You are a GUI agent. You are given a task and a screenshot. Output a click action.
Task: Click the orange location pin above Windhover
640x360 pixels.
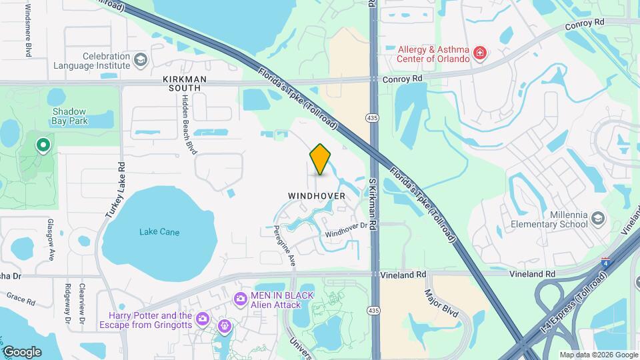click(321, 159)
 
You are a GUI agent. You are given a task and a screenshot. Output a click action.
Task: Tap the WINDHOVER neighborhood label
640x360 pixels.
click(317, 196)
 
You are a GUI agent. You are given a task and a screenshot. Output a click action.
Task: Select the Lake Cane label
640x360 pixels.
click(159, 232)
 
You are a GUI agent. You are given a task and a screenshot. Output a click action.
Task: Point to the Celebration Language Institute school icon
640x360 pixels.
click(140, 61)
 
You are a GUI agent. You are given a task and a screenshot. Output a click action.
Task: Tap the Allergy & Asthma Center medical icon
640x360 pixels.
click(479, 53)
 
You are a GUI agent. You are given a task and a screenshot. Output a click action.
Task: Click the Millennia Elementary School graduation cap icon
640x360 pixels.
click(598, 219)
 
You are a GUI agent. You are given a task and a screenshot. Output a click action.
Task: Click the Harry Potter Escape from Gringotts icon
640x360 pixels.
click(225, 326)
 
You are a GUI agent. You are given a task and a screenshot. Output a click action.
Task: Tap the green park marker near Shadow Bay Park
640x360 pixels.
click(44, 145)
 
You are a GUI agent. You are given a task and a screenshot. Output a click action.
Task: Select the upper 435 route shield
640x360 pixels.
click(373, 117)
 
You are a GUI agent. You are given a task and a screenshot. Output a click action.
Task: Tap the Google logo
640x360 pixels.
click(22, 351)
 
